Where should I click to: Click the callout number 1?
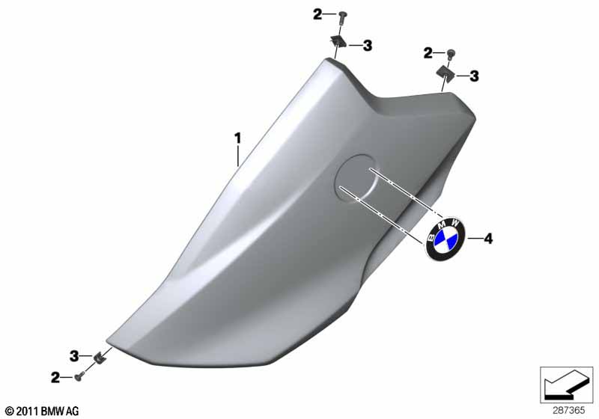[x=237, y=138]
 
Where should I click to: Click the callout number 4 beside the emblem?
[x=488, y=239]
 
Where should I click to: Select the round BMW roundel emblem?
[x=443, y=239]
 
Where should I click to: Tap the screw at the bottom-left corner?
[x=79, y=376]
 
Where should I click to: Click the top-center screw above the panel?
[x=341, y=16]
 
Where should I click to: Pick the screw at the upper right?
[x=450, y=53]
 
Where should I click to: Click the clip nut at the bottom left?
[x=100, y=358]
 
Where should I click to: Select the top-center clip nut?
[x=338, y=40]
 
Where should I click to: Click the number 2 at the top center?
[x=317, y=15]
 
